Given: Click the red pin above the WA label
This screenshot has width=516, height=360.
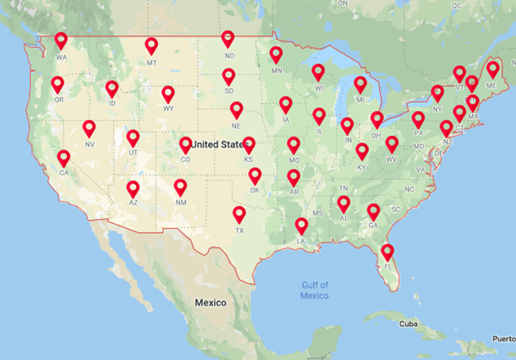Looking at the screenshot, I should (61, 40).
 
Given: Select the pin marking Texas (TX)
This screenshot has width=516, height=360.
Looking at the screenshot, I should (239, 214).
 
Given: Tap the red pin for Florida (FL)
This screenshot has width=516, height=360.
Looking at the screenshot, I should (388, 251).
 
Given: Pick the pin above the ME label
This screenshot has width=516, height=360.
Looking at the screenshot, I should (492, 69).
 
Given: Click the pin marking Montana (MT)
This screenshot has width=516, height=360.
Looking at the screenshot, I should (151, 45).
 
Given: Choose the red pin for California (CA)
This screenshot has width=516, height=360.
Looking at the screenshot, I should (63, 158).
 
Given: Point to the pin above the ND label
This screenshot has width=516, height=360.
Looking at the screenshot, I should (228, 38).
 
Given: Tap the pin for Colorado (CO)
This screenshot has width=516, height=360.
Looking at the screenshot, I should (185, 145).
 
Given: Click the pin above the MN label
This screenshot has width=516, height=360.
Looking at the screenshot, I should (276, 54).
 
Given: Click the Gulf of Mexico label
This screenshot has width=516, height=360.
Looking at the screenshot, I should (315, 290).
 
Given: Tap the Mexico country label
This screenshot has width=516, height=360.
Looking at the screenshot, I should (211, 303).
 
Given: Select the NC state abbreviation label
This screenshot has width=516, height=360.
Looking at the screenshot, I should (409, 190).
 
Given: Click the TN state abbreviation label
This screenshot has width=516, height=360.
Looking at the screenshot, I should (344, 188).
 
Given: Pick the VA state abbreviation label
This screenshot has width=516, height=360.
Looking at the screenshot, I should (420, 170).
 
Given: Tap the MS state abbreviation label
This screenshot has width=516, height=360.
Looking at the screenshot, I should (317, 213).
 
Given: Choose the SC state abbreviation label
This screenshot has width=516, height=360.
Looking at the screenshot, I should (396, 209).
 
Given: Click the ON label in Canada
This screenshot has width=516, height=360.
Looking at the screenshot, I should (343, 3).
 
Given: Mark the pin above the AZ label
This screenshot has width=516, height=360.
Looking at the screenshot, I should (133, 189).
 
